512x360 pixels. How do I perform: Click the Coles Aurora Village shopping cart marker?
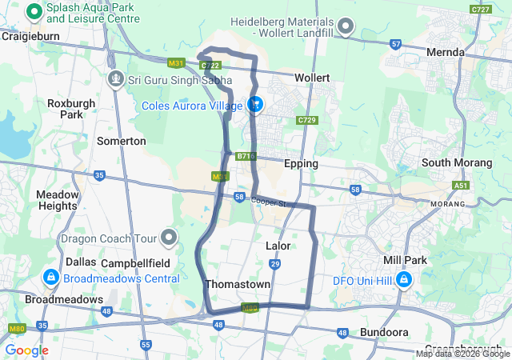255,104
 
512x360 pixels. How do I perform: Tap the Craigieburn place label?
27,36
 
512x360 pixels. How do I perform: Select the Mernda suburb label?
446,52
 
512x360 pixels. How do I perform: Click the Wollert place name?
312,78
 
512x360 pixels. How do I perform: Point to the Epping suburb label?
302,163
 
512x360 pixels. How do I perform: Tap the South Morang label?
457,162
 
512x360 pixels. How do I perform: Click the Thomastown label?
238,284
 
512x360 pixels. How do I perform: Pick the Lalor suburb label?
278,246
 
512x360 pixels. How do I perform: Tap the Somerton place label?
121,141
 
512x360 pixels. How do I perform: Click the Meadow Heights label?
57,200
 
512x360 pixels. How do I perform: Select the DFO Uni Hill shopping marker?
404,280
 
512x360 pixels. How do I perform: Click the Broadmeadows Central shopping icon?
50,278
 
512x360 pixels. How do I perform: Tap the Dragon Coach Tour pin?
169,238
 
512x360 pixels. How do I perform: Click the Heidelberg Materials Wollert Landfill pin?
346,28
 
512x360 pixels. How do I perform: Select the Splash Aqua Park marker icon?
34,11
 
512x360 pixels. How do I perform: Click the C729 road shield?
306,119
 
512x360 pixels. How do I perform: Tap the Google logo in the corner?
27,350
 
